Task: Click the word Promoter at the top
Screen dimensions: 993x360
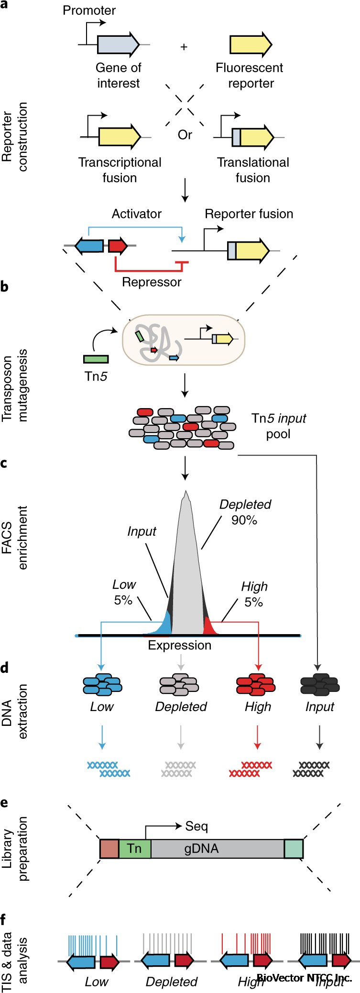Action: pos(89,11)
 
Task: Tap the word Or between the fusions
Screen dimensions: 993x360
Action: pos(185,135)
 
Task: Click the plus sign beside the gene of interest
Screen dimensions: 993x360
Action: pos(184,47)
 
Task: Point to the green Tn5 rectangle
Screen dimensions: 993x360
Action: pos(96,359)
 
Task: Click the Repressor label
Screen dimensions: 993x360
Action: pos(152,282)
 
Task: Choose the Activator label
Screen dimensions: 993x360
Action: pos(137,214)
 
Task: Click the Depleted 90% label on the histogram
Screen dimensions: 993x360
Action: pos(245,512)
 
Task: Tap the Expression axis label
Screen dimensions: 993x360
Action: pos(179,645)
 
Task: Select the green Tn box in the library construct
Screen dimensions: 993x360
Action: pos(135,848)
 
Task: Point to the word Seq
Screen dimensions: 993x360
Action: pos(196,826)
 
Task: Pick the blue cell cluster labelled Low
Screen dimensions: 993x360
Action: pos(102,684)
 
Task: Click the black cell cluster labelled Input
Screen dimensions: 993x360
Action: pos(319,684)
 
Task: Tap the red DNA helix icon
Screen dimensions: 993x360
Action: pos(251,769)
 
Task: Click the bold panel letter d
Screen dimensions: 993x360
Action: pos(4,668)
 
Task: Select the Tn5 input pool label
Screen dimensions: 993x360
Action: pos(279,426)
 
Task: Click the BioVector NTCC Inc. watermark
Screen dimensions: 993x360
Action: pos(304,978)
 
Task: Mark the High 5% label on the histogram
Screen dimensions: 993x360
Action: pos(254,594)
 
